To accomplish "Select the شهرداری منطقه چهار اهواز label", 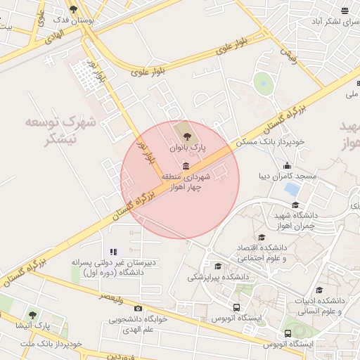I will (x=186, y=182).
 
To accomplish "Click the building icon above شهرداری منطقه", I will (x=186, y=166).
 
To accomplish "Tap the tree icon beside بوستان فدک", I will (x=73, y=9).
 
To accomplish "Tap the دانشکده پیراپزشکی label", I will (x=210, y=277).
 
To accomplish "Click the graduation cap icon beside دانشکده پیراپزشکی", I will (x=218, y=266).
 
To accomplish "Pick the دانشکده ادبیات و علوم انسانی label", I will (x=321, y=304).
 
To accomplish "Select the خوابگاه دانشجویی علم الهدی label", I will (x=136, y=323).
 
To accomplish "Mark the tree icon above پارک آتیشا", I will (x=32, y=315).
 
